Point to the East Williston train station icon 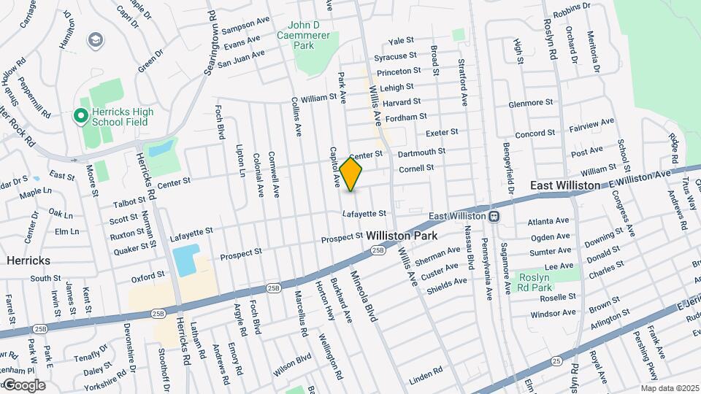click(x=494, y=216)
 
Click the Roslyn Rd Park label click(x=539, y=282)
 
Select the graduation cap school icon click(x=95, y=39)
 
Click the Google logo click(x=23, y=385)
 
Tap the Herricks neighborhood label click(x=28, y=260)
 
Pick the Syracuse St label click(x=395, y=56)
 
